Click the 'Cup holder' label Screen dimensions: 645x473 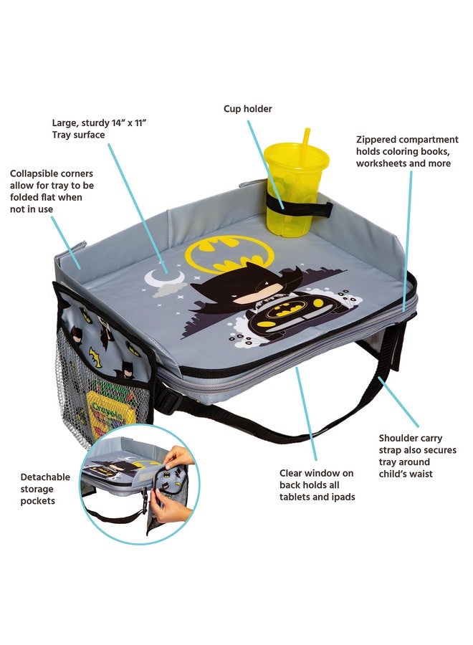coord(248,109)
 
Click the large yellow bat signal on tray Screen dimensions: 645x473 coord(229,252)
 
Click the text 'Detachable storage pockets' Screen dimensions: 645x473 coord(45,488)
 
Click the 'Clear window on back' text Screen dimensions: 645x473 coord(316,485)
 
